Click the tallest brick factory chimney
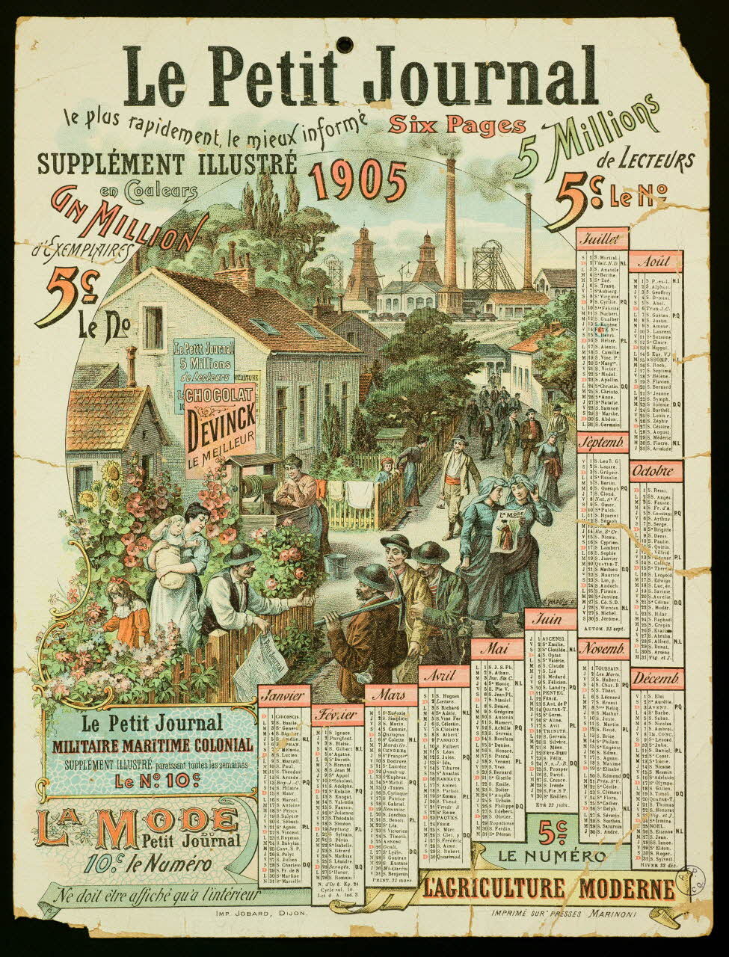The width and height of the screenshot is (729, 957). click(451, 224)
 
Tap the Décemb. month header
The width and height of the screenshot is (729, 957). click(656, 679)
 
